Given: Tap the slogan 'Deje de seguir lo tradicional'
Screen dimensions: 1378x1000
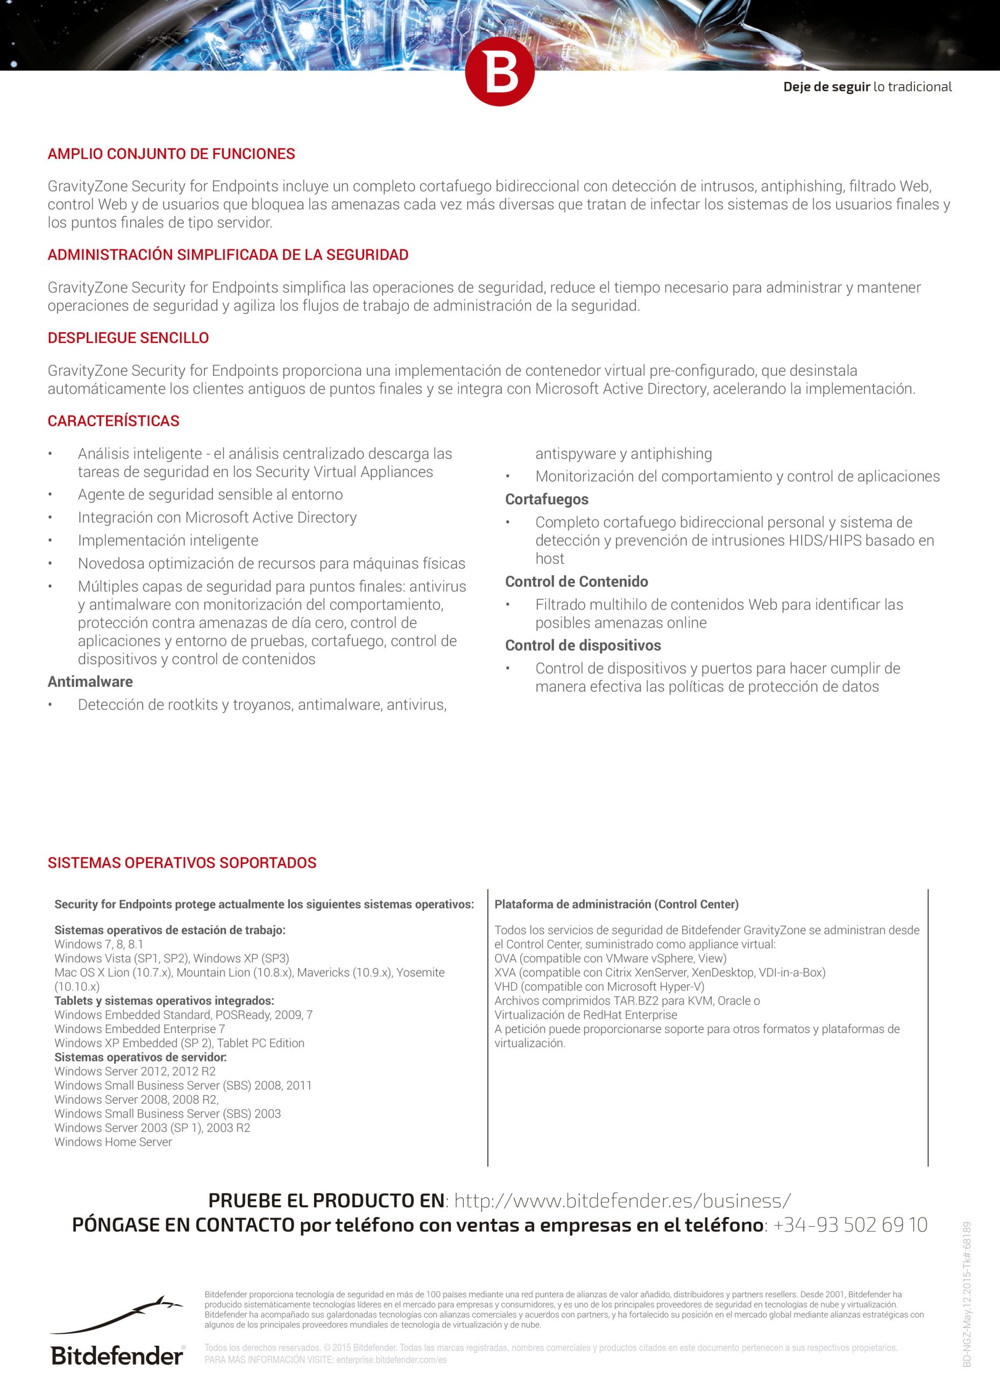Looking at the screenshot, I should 867,87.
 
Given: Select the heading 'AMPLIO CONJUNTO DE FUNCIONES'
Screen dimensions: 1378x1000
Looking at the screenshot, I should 171,154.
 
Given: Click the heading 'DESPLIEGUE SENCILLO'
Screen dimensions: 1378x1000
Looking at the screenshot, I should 128,339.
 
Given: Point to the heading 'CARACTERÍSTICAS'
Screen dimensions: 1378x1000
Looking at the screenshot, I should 114,421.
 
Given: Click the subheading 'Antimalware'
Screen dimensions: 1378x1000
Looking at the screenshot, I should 90,681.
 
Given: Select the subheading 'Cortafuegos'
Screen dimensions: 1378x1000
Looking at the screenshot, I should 547,500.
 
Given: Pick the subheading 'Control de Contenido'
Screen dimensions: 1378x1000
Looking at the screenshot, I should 576,582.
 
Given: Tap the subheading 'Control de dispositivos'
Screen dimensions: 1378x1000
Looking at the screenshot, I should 583,645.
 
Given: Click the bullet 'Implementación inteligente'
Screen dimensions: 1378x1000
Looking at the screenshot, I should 168,541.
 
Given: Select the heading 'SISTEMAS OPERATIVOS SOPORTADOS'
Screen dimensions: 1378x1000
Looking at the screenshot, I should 182,863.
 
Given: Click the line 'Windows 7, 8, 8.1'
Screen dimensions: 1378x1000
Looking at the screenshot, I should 99,944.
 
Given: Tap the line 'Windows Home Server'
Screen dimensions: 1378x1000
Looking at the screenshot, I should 113,1142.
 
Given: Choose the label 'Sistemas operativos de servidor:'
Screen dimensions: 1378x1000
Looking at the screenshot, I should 140,1057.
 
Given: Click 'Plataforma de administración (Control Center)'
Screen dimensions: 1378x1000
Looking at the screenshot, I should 616,904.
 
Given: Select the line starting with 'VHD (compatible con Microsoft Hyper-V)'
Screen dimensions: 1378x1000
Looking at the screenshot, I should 599,987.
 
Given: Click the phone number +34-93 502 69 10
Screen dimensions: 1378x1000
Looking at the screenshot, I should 850,1226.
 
